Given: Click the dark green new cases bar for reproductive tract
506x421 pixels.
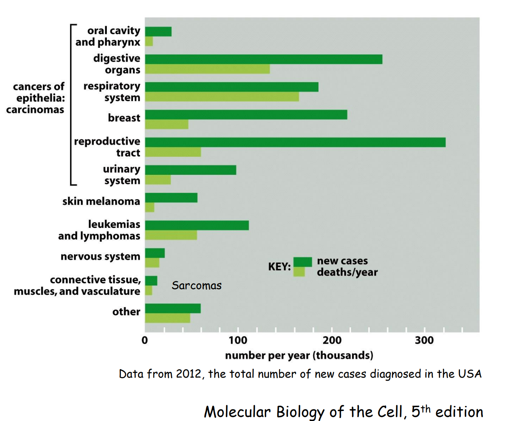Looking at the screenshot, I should (x=295, y=142).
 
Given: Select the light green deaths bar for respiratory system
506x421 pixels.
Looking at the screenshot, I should (x=222, y=97).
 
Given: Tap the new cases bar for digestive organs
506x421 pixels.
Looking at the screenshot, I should (x=264, y=59).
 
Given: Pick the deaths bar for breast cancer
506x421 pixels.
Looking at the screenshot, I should (x=167, y=124).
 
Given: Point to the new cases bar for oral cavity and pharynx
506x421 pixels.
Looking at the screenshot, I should (x=158, y=31).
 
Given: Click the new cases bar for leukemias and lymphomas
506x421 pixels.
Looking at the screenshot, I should (x=197, y=225).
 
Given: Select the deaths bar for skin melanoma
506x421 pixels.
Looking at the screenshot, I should (x=150, y=207).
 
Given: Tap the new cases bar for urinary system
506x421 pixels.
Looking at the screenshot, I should (x=190, y=170).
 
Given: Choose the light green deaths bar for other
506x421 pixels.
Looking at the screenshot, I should (x=167, y=318).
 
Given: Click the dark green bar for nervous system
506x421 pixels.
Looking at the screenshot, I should (x=155, y=253).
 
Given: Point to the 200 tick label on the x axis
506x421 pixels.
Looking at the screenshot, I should (x=332, y=340).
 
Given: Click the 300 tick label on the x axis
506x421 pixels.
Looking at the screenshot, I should (x=425, y=340).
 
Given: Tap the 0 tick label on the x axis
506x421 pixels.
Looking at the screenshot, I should (x=145, y=340).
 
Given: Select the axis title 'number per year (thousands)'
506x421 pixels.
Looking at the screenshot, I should (x=299, y=355).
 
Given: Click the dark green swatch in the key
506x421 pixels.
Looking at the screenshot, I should (x=302, y=261).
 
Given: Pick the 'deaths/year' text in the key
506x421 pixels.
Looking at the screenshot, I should (x=347, y=272).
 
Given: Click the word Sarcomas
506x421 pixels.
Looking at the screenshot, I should (x=196, y=286).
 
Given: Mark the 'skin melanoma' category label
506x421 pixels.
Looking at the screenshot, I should (x=101, y=201).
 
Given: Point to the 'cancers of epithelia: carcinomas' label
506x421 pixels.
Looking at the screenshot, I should (x=36, y=98).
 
